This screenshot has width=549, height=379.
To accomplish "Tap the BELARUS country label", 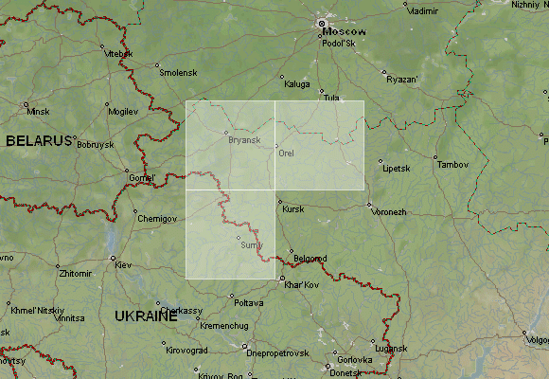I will (x=39, y=140).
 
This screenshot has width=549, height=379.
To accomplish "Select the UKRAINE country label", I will (x=146, y=316).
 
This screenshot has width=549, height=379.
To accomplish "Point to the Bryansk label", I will (x=244, y=140).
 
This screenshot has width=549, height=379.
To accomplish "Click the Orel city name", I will (x=287, y=153).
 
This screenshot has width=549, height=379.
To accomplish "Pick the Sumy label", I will (x=252, y=244).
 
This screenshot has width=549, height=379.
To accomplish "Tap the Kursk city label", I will (x=293, y=208).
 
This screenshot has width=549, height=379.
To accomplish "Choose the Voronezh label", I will (x=388, y=212).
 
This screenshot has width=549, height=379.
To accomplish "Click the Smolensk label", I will (x=178, y=73).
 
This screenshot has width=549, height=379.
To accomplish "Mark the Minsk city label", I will (x=38, y=112).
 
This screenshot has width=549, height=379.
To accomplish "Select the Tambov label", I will (x=452, y=165).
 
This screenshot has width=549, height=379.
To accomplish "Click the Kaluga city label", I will (x=296, y=84).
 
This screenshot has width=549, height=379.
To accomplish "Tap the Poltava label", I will (x=248, y=303).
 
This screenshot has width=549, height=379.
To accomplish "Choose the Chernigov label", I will (x=157, y=219).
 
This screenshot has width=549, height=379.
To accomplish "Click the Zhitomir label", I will (x=76, y=273).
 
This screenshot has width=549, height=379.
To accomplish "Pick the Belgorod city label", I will (x=310, y=259).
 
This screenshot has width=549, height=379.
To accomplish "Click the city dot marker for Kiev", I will (x=113, y=258).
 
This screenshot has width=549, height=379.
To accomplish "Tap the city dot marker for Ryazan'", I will (x=382, y=71).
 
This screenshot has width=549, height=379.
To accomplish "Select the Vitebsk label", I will (x=119, y=53).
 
